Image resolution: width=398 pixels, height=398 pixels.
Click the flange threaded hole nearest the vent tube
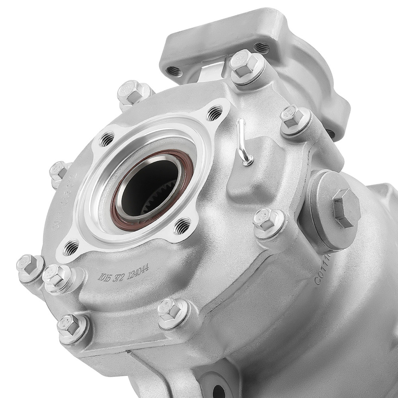[x=214, y=113]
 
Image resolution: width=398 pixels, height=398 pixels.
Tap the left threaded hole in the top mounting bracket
[x=174, y=72]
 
